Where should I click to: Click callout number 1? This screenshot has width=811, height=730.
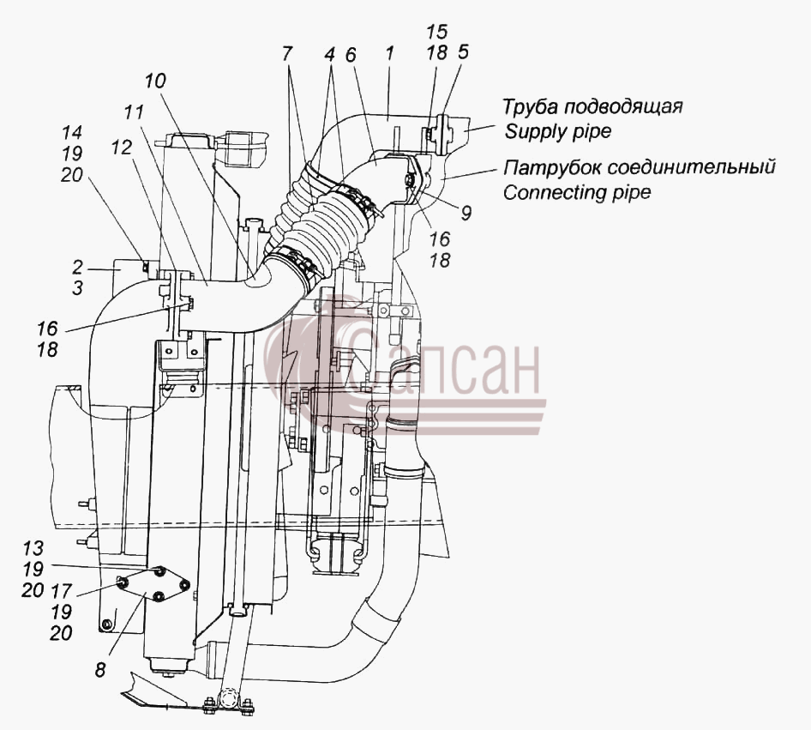pos(390,53)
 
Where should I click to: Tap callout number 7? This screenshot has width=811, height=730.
pos(287,53)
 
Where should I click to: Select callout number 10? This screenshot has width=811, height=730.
pos(154,81)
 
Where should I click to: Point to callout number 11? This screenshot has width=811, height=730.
pos(134,112)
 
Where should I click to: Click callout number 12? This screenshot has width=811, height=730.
pos(121,148)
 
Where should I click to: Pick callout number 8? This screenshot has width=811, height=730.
pos(100,670)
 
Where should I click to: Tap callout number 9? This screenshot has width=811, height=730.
pos(466,213)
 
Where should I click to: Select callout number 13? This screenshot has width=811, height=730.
pos(33,548)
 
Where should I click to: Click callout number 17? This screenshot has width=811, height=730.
pos(61,590)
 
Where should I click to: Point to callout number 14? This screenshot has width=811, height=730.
pos(72,132)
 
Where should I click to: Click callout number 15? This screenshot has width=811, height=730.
pos(436,32)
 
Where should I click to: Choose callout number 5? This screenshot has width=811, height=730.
pos(462,52)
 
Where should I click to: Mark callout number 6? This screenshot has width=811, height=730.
pos(351,54)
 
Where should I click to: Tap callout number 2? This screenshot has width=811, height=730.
pos(77,268)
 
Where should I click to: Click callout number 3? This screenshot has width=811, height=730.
pos(77,288)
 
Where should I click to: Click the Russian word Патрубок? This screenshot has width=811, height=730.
pos(552,167)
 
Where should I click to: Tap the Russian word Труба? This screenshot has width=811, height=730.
pos(530,107)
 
